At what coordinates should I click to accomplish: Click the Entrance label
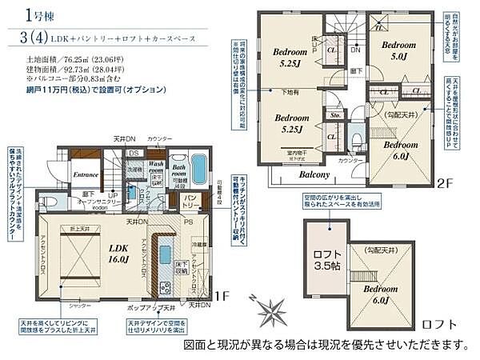point(86,174)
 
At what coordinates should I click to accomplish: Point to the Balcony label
point(315,174)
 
